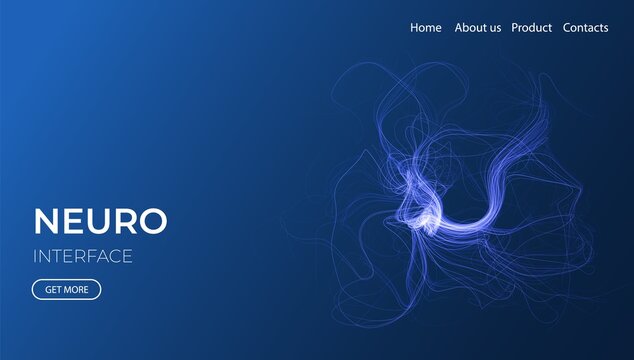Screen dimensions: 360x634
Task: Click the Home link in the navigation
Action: click(x=425, y=28)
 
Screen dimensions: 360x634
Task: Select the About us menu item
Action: click(x=478, y=28)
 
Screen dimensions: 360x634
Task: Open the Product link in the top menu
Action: click(x=531, y=28)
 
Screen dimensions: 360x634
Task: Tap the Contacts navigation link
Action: click(x=585, y=28)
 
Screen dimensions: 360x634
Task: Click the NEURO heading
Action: click(x=100, y=221)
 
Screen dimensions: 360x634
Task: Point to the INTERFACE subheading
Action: click(x=83, y=256)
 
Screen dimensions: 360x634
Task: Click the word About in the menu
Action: click(x=471, y=28)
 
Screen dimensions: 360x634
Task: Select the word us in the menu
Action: click(x=494, y=28)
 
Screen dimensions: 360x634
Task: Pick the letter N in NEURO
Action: click(x=46, y=221)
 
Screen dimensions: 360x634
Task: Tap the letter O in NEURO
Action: click(x=153, y=221)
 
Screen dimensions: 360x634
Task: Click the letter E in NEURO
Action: click(x=72, y=221)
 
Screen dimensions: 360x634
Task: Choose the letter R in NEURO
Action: click(x=125, y=221)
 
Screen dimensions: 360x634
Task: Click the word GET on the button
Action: click(x=53, y=290)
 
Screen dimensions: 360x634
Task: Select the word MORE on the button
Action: click(x=76, y=290)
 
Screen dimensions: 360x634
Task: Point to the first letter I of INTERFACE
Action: click(x=36, y=256)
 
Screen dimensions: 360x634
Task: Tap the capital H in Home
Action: click(x=415, y=28)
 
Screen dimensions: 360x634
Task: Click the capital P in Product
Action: click(x=515, y=28)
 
